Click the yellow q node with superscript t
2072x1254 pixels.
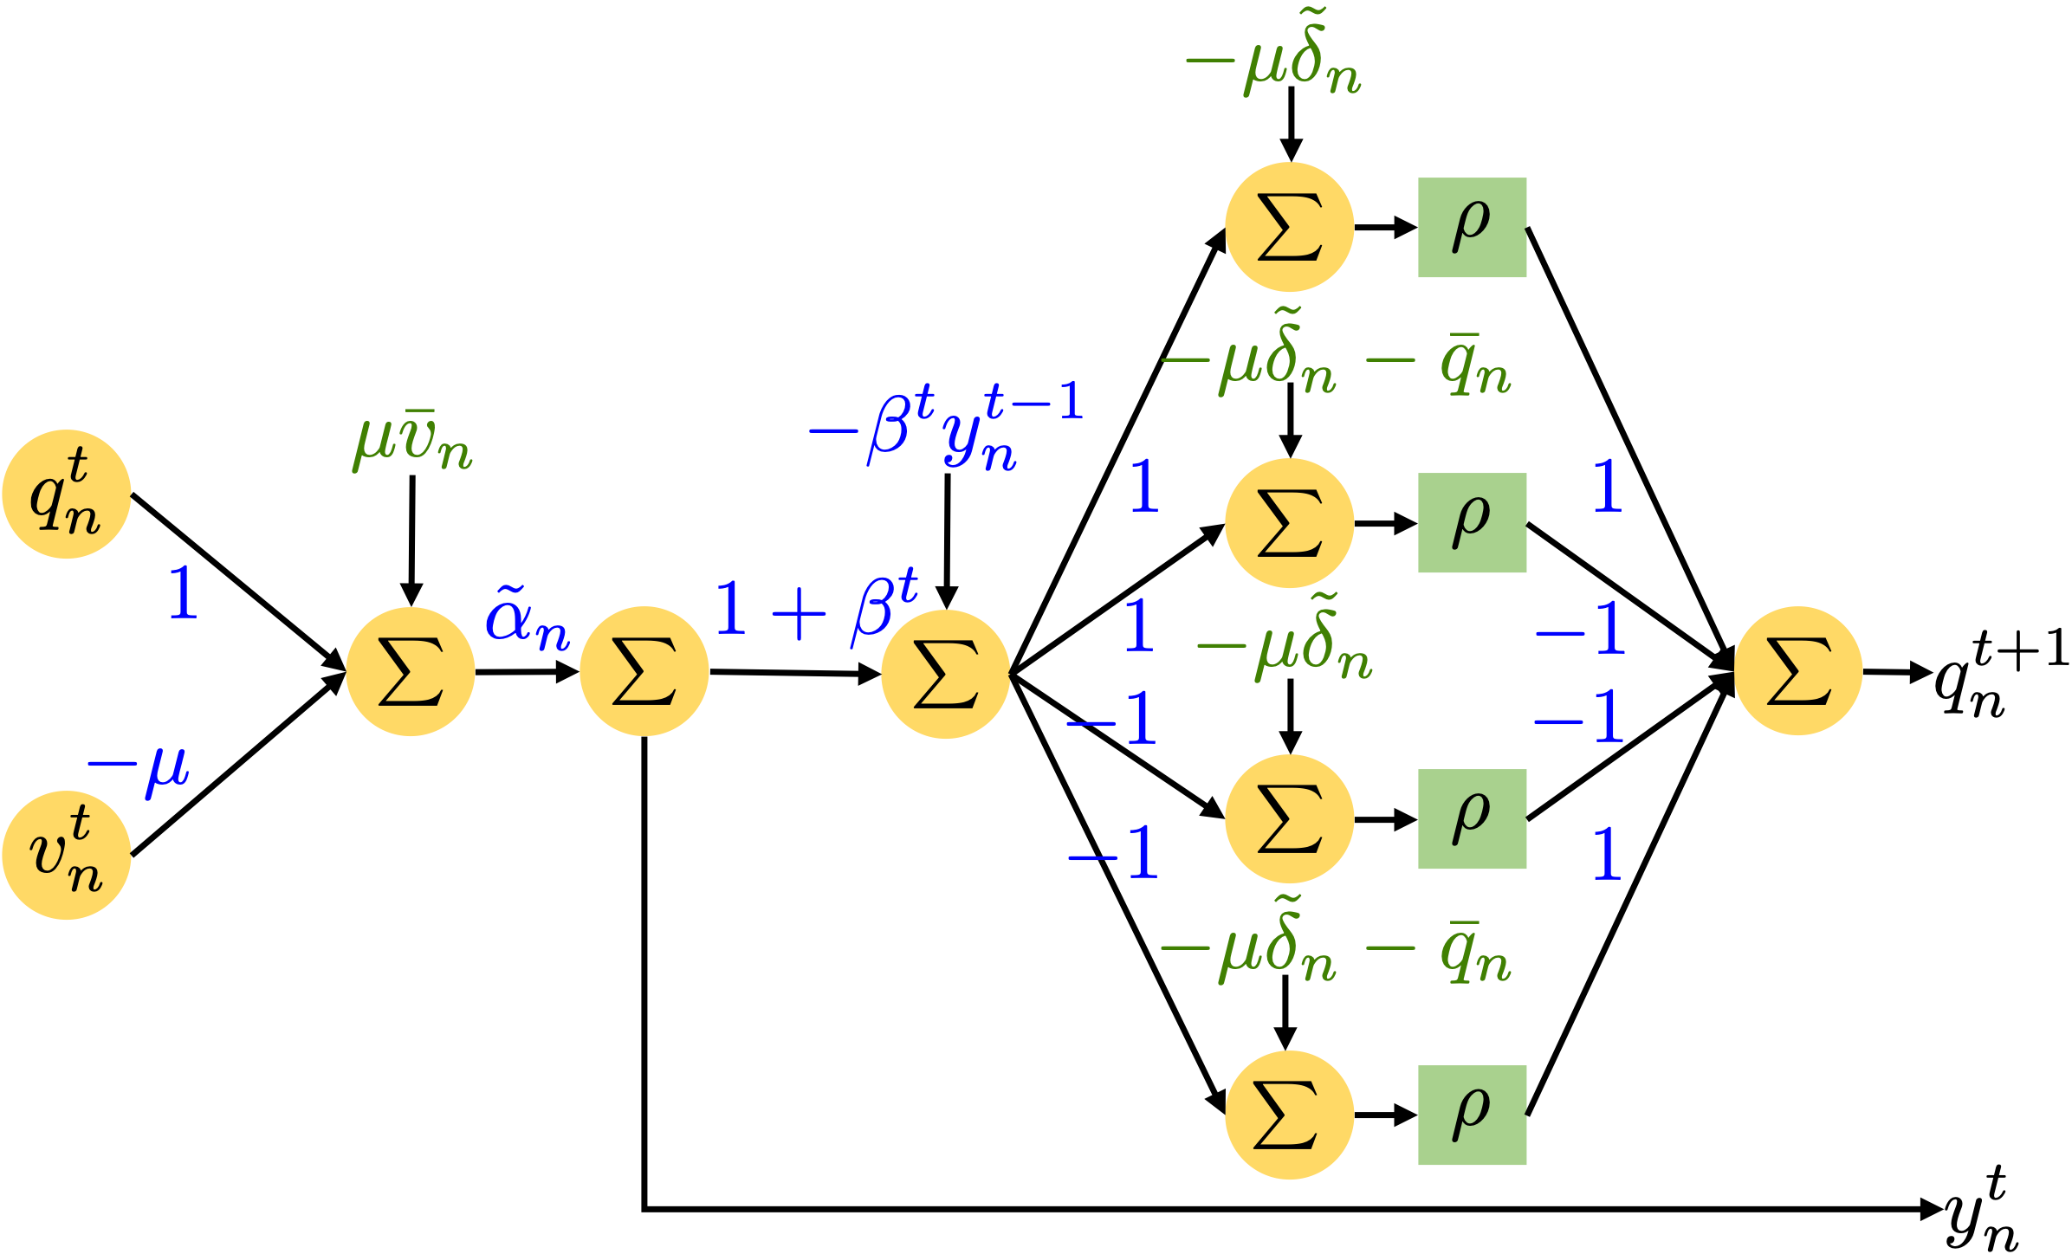(66, 494)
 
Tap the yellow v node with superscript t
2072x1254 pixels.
(66, 855)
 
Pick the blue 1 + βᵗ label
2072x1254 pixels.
(815, 608)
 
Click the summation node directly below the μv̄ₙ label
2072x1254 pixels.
(411, 671)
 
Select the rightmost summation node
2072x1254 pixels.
(1798, 670)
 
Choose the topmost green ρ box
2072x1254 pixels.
(1472, 227)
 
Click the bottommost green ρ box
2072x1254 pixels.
(1472, 1115)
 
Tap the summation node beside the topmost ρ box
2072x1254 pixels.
(1289, 227)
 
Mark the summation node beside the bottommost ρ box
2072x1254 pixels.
(1289, 1115)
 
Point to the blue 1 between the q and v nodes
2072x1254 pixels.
(183, 592)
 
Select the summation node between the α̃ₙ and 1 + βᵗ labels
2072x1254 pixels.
(644, 671)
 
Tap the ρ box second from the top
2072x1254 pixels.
(1472, 522)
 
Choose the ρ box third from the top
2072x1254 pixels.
(1472, 818)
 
